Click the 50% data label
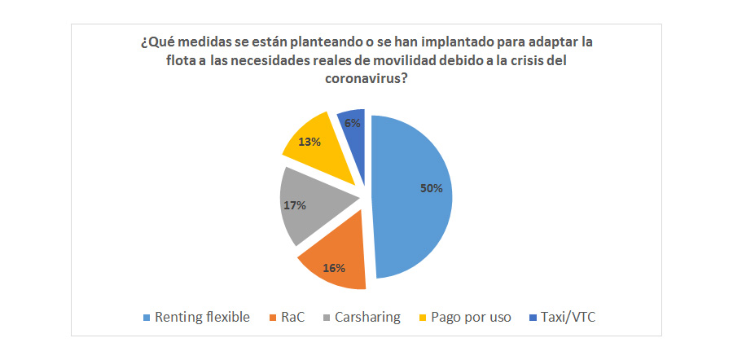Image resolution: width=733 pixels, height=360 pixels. pyautogui.click(x=431, y=188)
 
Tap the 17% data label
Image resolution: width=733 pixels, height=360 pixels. pyautogui.click(x=294, y=205)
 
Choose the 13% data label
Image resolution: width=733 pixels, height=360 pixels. pyautogui.click(x=308, y=141)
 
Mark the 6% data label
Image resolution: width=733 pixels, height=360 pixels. pyautogui.click(x=353, y=123)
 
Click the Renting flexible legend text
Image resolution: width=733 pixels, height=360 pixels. pyautogui.click(x=202, y=317)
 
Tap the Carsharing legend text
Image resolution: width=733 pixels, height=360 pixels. pyautogui.click(x=367, y=317)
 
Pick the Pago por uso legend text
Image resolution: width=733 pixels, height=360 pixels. pyautogui.click(x=471, y=317)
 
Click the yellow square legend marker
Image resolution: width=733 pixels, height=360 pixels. pyautogui.click(x=421, y=318)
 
